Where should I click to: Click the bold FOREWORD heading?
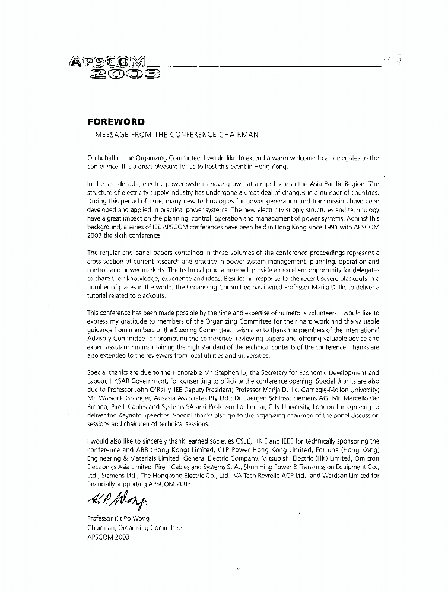[116, 122]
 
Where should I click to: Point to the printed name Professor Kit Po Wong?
[118, 518]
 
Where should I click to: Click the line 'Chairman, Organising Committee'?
[134, 527]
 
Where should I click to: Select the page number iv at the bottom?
[237, 568]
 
